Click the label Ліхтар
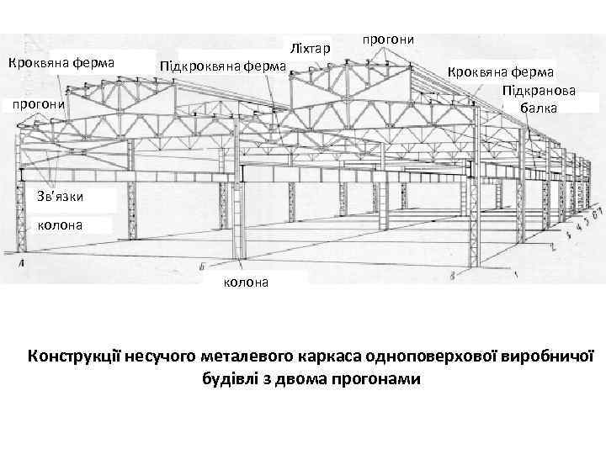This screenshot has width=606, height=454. [310, 45]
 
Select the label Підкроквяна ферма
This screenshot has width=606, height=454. [222, 66]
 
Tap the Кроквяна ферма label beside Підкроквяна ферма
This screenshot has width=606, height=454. [66, 62]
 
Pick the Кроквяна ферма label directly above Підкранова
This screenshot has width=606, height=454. [501, 72]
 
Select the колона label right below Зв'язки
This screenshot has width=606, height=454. [60, 224]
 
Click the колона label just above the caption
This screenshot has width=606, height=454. [246, 282]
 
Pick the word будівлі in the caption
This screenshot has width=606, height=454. [230, 377]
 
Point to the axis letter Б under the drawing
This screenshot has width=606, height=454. [203, 268]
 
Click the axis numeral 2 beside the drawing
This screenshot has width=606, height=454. [553, 248]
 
